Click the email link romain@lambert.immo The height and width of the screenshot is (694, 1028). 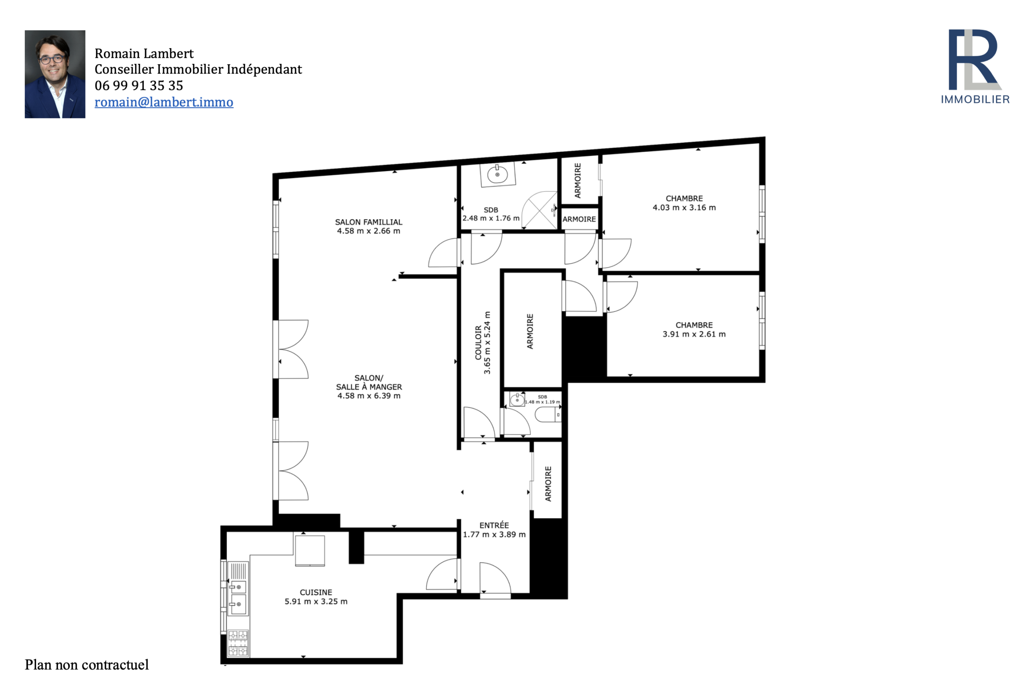[x=164, y=102]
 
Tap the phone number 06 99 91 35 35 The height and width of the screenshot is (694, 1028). [x=139, y=86]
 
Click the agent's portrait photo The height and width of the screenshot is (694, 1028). [x=55, y=74]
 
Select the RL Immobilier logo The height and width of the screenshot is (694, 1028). [x=975, y=67]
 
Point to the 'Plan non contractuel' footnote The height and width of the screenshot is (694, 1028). [x=87, y=665]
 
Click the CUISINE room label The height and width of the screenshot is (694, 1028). [x=316, y=592]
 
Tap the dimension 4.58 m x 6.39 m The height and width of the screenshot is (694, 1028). [x=369, y=396]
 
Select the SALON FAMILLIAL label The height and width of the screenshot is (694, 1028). [x=369, y=222]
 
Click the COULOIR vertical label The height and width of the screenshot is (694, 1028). [x=478, y=343]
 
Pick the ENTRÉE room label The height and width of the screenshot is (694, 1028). [x=494, y=525]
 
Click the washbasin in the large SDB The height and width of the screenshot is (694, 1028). [x=498, y=174]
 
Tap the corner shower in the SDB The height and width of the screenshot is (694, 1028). [x=540, y=210]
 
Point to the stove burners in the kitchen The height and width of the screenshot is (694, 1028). [x=238, y=643]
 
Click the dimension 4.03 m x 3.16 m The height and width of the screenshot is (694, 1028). [x=684, y=208]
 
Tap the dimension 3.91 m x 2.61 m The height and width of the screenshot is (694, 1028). [x=694, y=335]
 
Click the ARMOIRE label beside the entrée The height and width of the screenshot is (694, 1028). [x=549, y=484]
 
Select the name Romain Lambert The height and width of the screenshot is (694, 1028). [x=144, y=53]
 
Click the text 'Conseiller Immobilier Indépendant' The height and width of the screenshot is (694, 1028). [x=198, y=69]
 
